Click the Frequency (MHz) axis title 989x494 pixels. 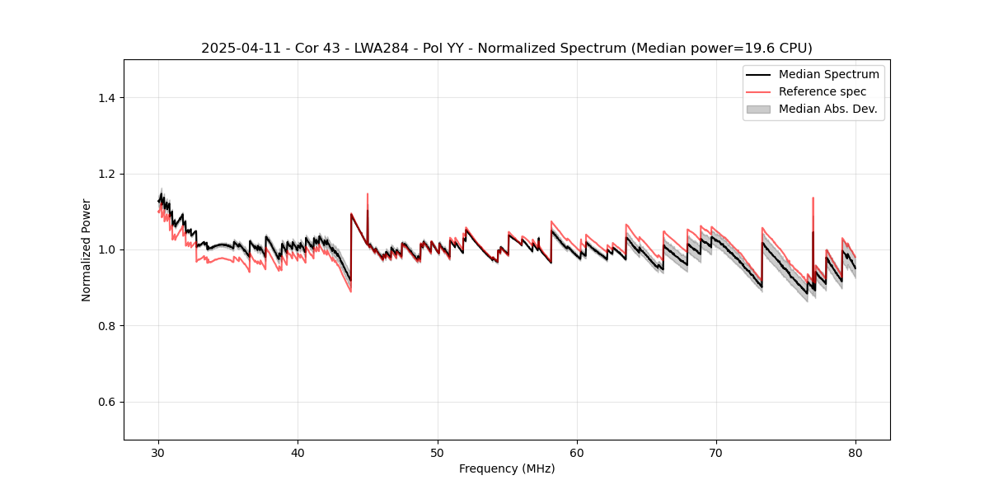pos(507,468)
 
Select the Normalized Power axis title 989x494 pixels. pos(87,249)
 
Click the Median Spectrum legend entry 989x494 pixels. pos(828,74)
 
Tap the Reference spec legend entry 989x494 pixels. pos(822,91)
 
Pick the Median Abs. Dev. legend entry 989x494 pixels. pos(827,109)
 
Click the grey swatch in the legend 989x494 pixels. pos(758,109)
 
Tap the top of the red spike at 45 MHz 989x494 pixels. pos(368,193)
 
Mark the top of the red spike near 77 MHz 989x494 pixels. pos(813,198)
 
